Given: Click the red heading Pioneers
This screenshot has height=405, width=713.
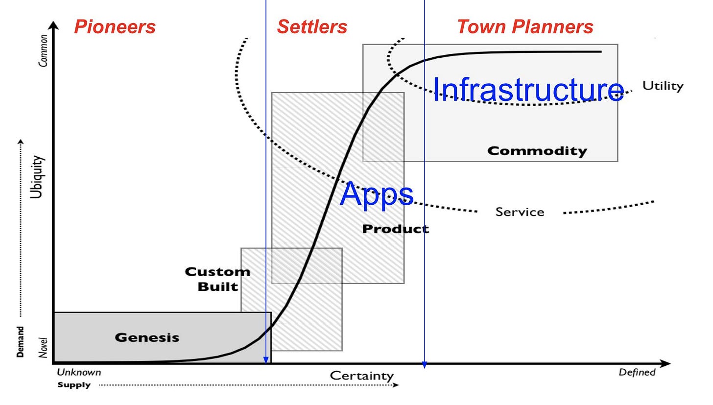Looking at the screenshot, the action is tap(115, 27).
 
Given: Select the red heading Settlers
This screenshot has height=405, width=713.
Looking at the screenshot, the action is tap(312, 27).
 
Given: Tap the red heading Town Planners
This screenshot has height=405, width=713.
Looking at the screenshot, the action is tap(525, 27).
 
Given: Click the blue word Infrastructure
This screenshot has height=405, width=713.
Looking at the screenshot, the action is tap(528, 90).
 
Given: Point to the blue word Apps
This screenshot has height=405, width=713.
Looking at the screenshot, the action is tap(377, 194).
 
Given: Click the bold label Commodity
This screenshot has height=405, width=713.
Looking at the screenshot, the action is tap(537, 151).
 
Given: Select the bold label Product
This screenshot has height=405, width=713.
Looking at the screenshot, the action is tap(395, 229).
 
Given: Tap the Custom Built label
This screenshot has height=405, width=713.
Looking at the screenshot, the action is tap(217, 279).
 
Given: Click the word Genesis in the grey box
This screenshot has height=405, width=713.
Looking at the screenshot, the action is tap(147, 337).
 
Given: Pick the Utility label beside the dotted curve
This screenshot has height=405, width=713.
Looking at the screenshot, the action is tap(663, 86).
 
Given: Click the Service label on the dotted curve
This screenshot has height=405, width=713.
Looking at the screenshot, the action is tap(520, 212).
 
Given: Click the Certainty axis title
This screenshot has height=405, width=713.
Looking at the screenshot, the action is tap(361, 376).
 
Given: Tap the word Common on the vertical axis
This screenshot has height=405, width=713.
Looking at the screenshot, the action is tap(44, 50).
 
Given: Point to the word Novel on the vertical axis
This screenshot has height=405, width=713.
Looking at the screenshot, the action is tap(43, 347).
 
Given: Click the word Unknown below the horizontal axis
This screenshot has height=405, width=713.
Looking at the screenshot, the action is tap(79, 372).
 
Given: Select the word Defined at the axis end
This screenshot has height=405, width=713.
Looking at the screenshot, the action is tap(637, 372).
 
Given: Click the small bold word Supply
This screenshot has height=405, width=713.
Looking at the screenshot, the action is tap(74, 385).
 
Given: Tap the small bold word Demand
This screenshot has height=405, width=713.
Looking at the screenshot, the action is tap(21, 341).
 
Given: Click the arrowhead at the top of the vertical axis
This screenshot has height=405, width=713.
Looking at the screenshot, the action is tap(54, 26).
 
